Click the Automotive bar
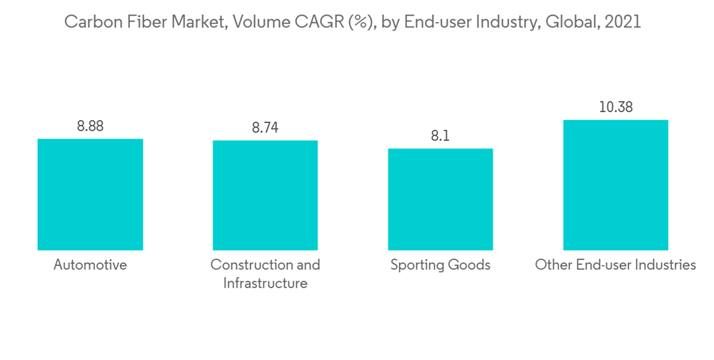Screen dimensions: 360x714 click(x=90, y=194)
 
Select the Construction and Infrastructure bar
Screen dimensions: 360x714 click(x=265, y=195)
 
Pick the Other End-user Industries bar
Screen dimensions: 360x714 click(x=615, y=184)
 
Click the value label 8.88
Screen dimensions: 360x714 click(x=90, y=126)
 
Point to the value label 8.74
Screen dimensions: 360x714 click(x=265, y=128)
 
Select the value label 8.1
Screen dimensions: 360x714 click(x=441, y=136)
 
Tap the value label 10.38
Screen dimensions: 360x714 click(x=615, y=108)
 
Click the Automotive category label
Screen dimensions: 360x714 click(x=90, y=265)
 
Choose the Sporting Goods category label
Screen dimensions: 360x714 click(x=441, y=265)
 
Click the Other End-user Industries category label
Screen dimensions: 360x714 click(x=615, y=265)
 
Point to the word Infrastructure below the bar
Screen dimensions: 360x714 click(x=265, y=284)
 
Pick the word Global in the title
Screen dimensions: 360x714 click(x=569, y=22)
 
